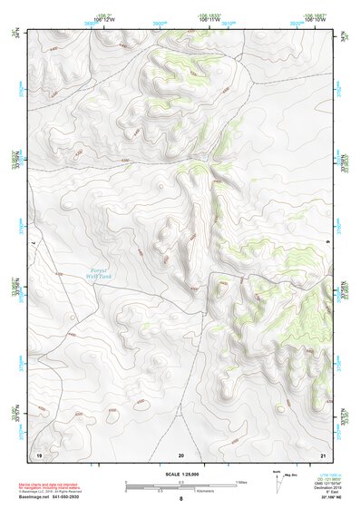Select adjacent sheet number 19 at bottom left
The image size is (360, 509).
tap(39, 454)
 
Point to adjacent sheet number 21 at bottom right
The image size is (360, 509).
tap(323, 454)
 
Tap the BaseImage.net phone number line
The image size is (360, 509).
tap(50, 498)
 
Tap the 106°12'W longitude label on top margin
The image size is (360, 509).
tap(103, 18)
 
